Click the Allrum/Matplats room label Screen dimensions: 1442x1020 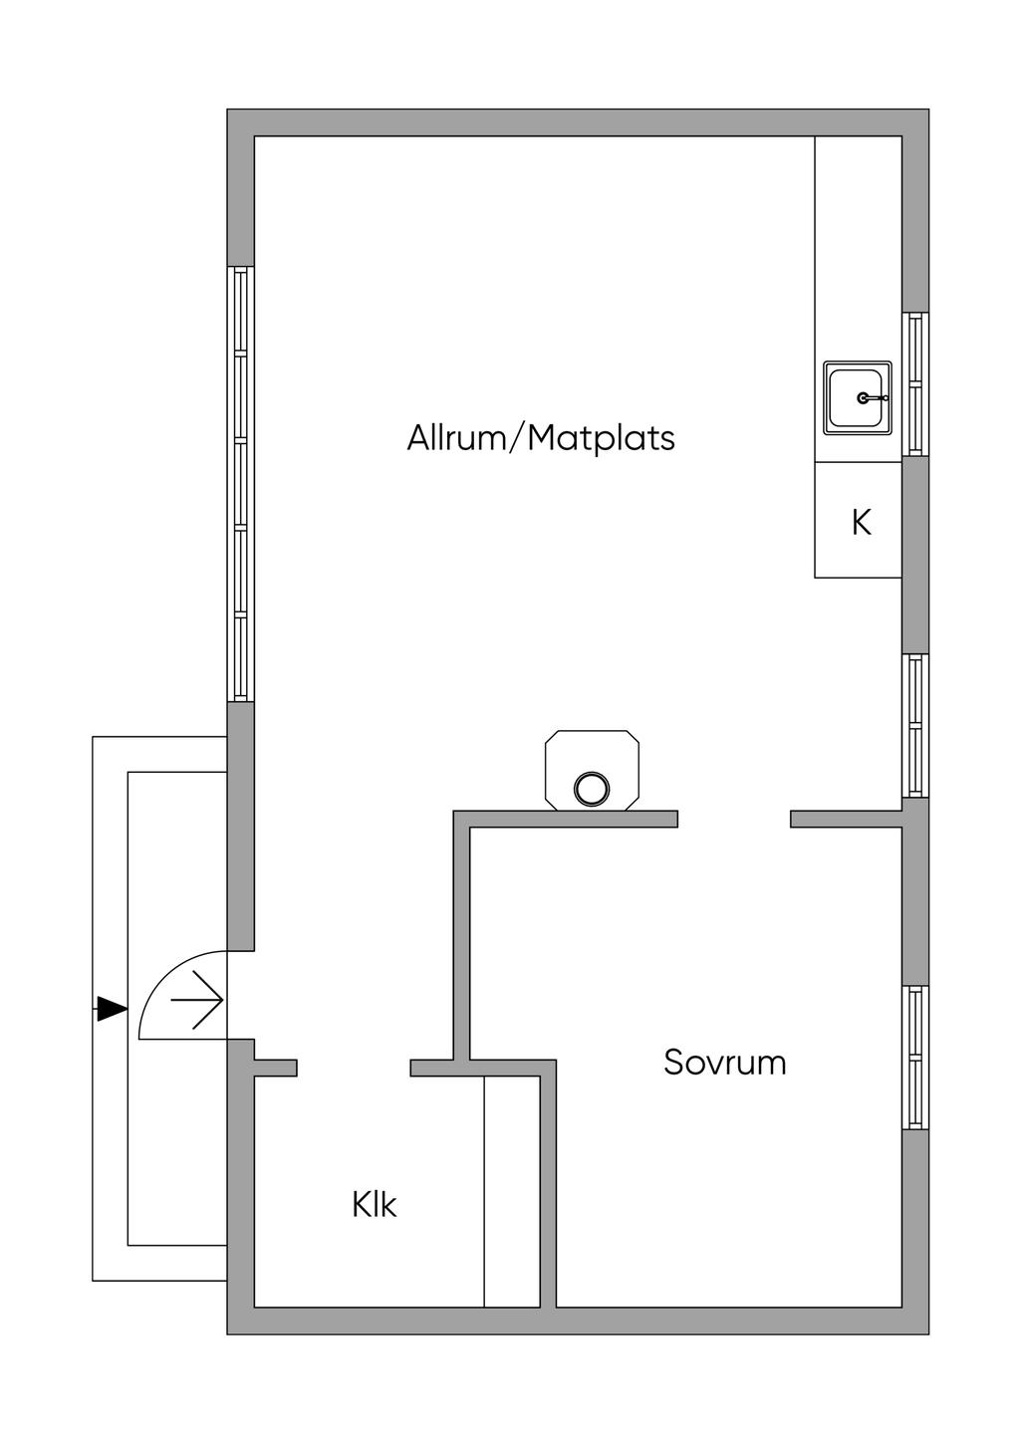point(541,438)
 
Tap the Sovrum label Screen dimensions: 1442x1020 point(724,1063)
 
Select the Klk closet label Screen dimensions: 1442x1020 point(374,1205)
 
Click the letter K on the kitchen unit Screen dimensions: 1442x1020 point(861,522)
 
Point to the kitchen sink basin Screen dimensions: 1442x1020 point(857,397)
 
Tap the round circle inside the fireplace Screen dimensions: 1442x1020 point(592,789)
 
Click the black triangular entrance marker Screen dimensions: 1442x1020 point(113,1009)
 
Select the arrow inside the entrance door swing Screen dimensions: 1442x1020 point(197,999)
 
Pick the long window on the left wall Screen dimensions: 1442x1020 point(240,483)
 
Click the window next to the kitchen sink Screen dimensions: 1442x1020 point(915,384)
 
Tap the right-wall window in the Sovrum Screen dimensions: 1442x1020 point(915,1057)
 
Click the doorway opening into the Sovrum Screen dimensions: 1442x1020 point(734,820)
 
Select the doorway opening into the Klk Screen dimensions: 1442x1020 point(354,1069)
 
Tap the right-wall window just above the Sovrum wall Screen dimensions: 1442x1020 point(915,725)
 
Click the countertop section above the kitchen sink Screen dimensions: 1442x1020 point(858,249)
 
